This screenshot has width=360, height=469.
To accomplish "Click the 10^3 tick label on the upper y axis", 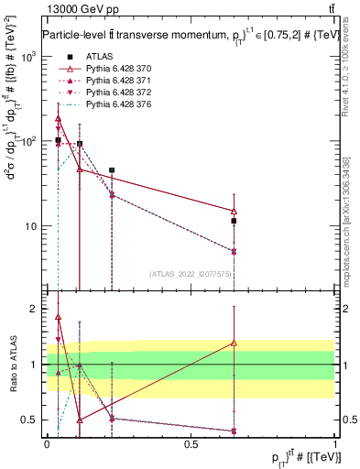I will click(27, 57).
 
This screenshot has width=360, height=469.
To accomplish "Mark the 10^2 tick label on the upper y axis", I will click(27, 142).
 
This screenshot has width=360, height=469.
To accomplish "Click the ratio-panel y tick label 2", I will click(33, 310).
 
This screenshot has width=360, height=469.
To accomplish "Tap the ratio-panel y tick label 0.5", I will click(29, 420).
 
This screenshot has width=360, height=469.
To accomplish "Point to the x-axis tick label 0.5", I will click(191, 443).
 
